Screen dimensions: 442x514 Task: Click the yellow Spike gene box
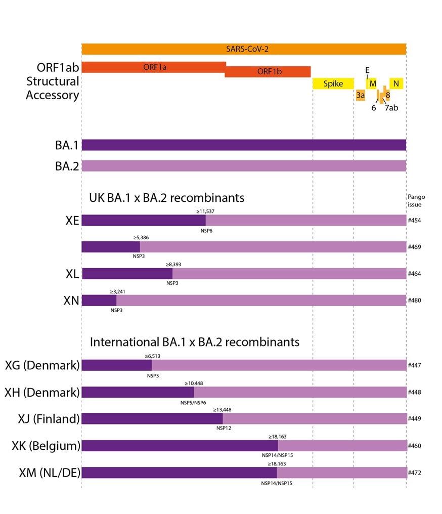[x=333, y=83]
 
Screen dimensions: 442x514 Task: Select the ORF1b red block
[x=268, y=71]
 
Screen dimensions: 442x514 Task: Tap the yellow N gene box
[x=396, y=83]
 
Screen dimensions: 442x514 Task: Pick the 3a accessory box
[x=361, y=95]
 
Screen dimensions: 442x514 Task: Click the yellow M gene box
[x=372, y=83]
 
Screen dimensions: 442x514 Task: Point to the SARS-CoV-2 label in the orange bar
[x=247, y=49]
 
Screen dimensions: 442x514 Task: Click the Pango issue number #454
[x=415, y=220]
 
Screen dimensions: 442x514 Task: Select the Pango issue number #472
[x=415, y=473]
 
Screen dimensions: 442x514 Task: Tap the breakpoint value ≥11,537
[x=205, y=211]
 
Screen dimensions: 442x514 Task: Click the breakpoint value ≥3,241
[x=118, y=291]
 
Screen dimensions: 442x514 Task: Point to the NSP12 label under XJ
[x=224, y=428]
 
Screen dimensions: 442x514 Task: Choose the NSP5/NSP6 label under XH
[x=193, y=403]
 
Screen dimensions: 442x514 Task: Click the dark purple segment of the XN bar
[x=99, y=301]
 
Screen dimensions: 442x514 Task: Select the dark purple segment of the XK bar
[x=180, y=446]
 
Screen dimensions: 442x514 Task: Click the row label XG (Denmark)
[x=42, y=365]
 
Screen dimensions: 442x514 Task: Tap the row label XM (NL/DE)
[x=50, y=473]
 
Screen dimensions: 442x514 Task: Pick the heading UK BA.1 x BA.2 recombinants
[x=167, y=198]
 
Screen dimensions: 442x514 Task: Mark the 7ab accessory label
[x=391, y=108]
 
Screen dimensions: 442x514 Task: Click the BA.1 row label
[x=67, y=145]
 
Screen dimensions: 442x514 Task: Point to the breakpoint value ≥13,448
[x=222, y=410]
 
